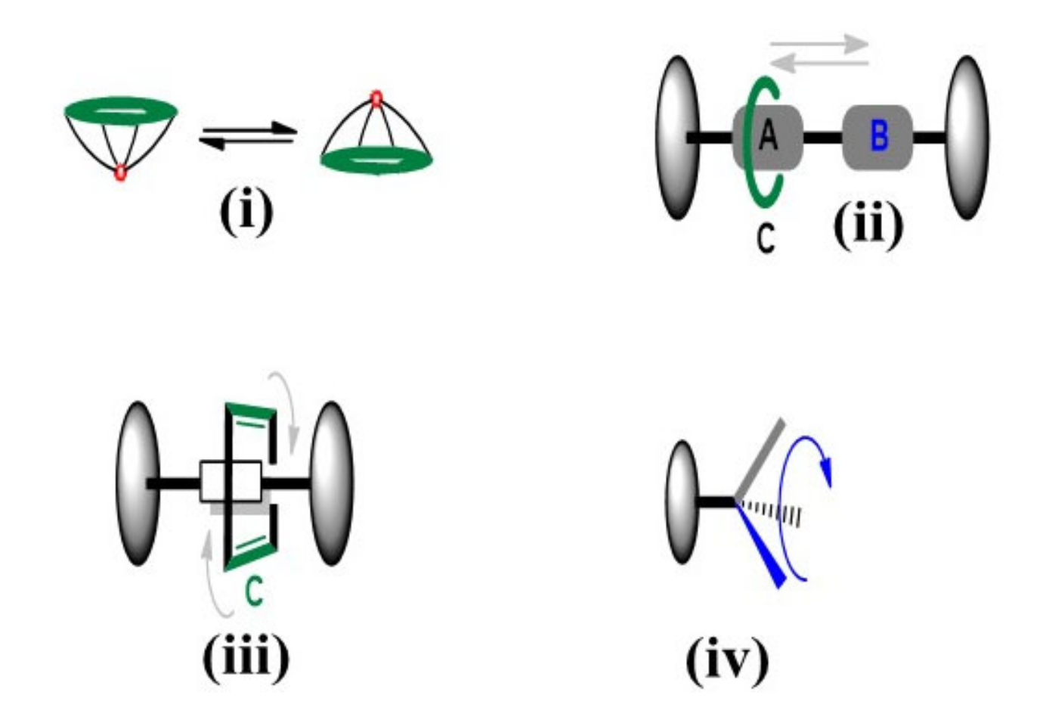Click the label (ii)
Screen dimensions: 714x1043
[x=867, y=225]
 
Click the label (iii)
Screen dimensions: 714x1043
[x=246, y=657]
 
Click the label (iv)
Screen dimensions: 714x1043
[x=726, y=660]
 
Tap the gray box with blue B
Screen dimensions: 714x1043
[x=877, y=137]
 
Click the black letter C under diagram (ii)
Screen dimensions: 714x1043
[x=766, y=238]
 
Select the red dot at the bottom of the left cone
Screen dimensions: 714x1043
[x=119, y=173]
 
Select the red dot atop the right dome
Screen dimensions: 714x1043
[x=376, y=98]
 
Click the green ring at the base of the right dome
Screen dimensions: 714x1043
[x=376, y=160]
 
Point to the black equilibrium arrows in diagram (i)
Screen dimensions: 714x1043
[x=247, y=135]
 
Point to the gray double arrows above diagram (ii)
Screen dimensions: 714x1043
[x=819, y=54]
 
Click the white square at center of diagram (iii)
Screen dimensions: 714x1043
[x=231, y=481]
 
